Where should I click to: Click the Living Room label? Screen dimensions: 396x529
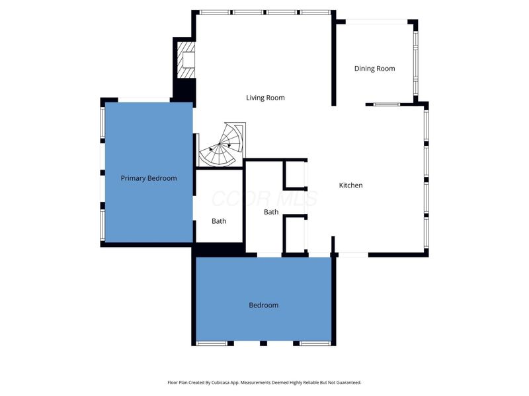[265, 98]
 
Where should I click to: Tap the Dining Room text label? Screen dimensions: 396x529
[374, 69]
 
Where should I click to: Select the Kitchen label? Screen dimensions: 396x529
[350, 185]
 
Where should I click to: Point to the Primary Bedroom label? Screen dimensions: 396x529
[148, 178]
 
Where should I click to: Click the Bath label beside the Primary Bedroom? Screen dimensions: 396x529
[219, 221]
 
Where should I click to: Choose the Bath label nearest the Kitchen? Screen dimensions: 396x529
[271, 212]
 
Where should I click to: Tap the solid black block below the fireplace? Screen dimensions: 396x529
[184, 88]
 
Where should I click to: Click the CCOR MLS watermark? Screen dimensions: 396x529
[264, 198]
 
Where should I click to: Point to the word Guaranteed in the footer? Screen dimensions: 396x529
[346, 382]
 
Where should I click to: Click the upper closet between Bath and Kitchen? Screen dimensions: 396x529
[295, 176]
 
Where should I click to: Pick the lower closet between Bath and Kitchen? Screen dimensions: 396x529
[295, 235]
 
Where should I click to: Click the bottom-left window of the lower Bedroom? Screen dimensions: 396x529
[212, 343]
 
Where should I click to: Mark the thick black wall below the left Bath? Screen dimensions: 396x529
[218, 249]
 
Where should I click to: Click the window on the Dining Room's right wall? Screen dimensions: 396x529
[416, 63]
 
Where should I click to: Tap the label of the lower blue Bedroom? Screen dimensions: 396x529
[263, 305]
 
